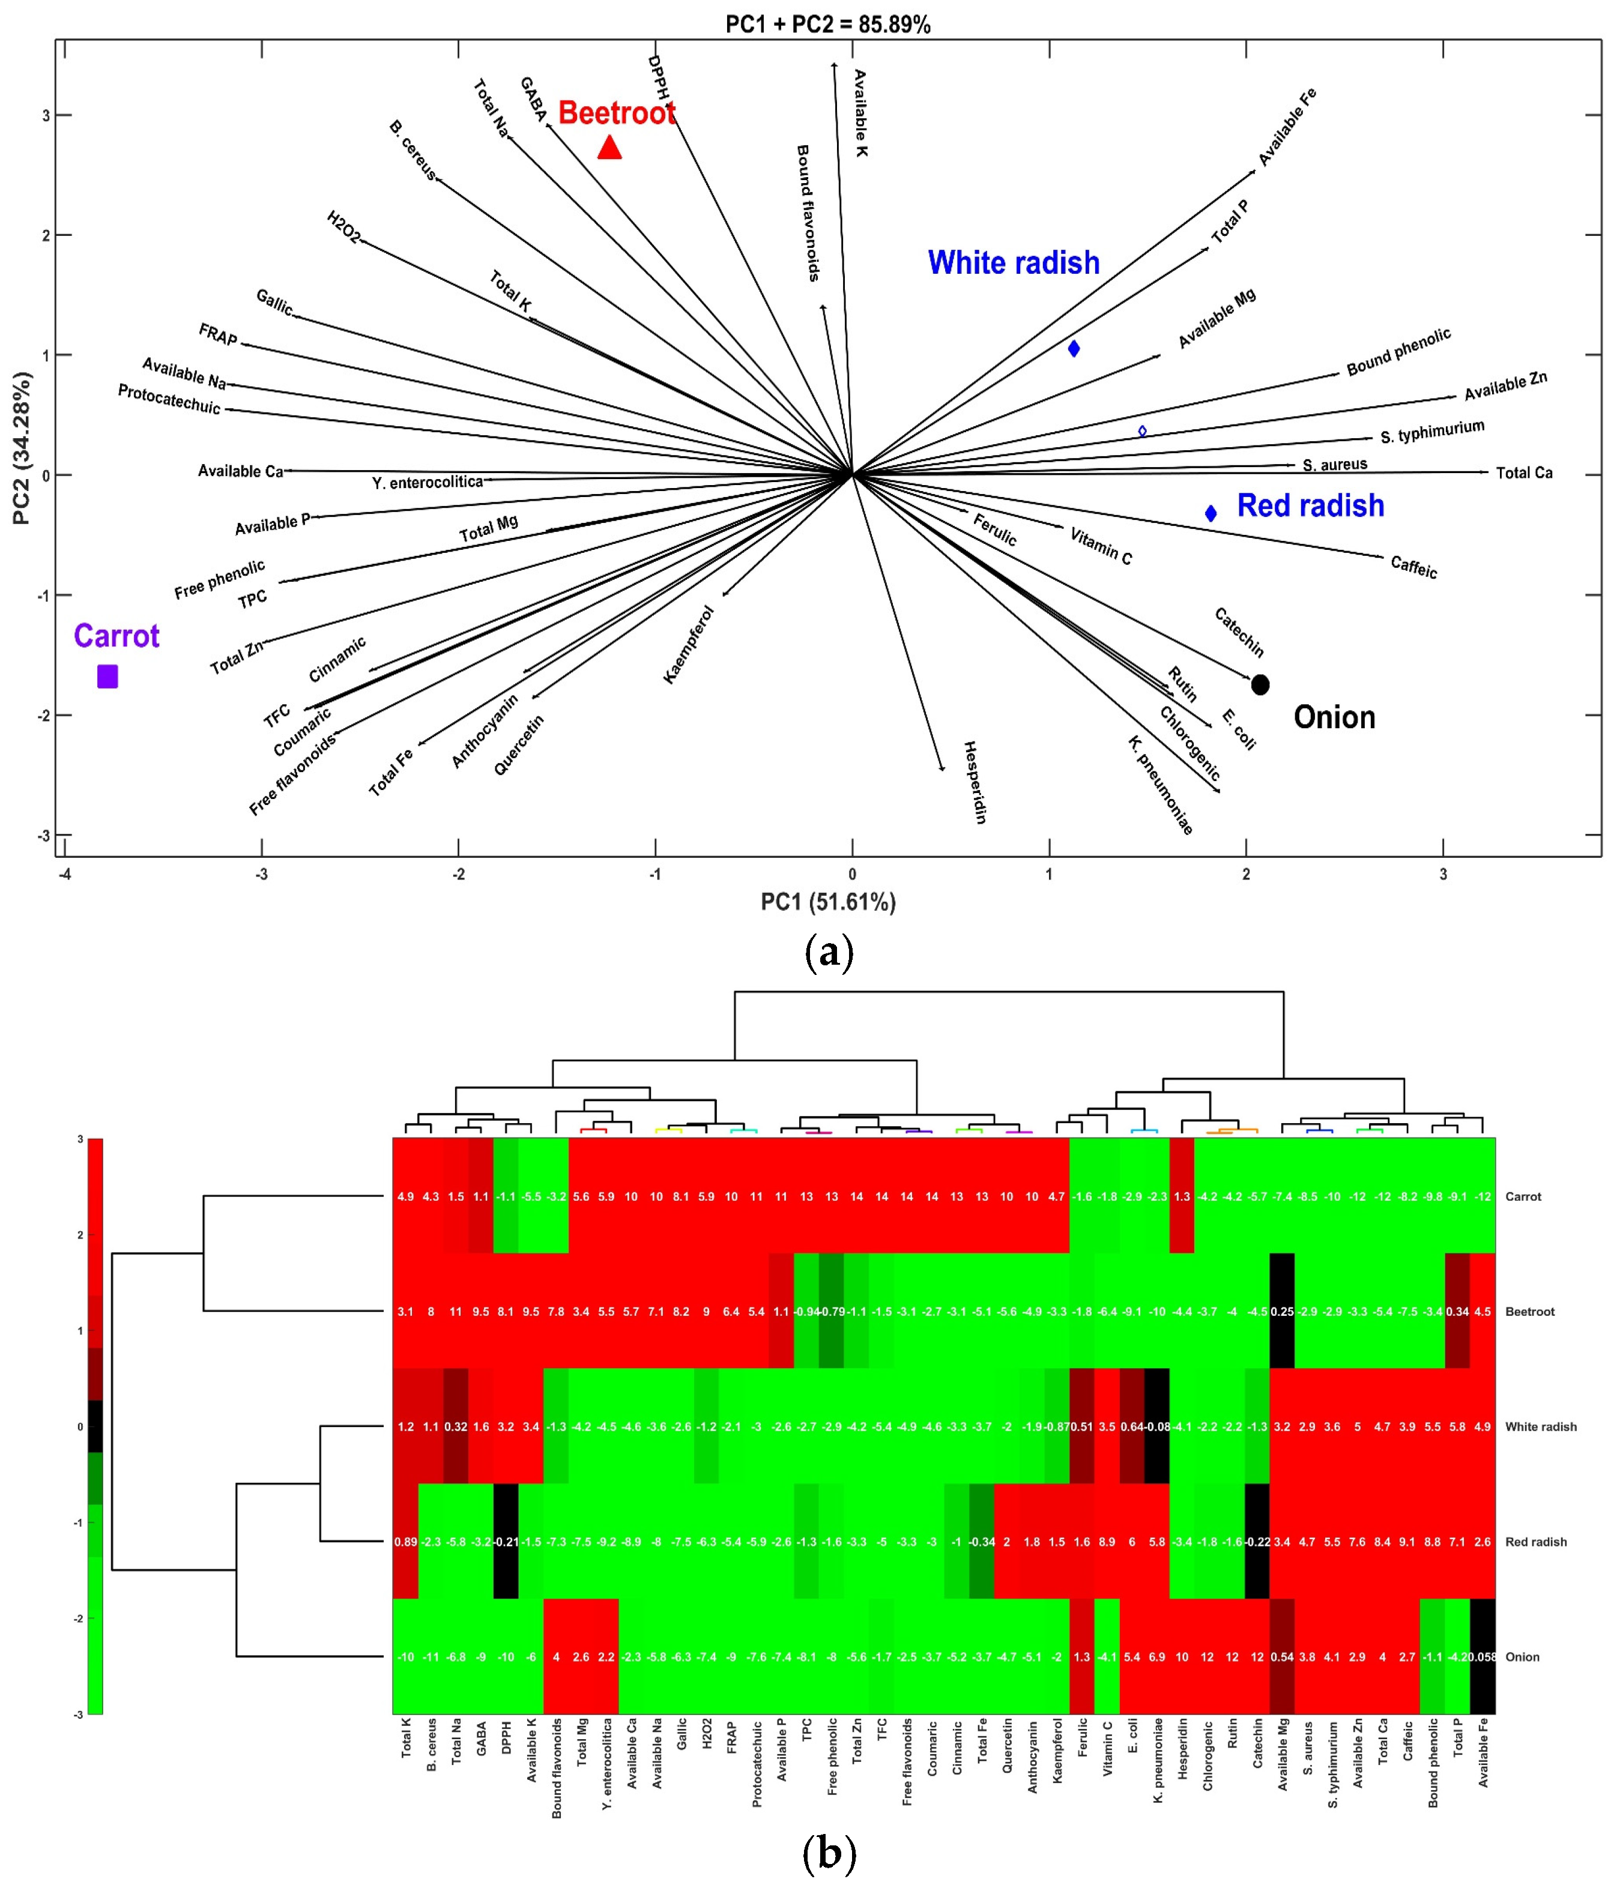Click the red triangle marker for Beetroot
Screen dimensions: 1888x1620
(x=609, y=148)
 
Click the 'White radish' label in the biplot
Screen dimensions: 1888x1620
(x=1013, y=262)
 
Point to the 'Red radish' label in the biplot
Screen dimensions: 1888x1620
(x=1310, y=505)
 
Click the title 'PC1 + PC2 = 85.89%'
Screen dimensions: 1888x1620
(x=827, y=25)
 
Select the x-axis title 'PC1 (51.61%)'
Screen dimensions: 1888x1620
(x=828, y=902)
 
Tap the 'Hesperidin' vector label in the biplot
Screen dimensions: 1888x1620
(x=975, y=782)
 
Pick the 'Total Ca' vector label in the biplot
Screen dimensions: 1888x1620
(x=1523, y=473)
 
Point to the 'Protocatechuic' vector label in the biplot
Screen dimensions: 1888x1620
(x=169, y=399)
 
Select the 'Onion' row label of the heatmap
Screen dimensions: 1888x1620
(x=1522, y=1656)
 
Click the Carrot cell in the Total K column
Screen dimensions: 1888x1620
(x=405, y=1196)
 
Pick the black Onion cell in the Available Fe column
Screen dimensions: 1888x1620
(x=1482, y=1656)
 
